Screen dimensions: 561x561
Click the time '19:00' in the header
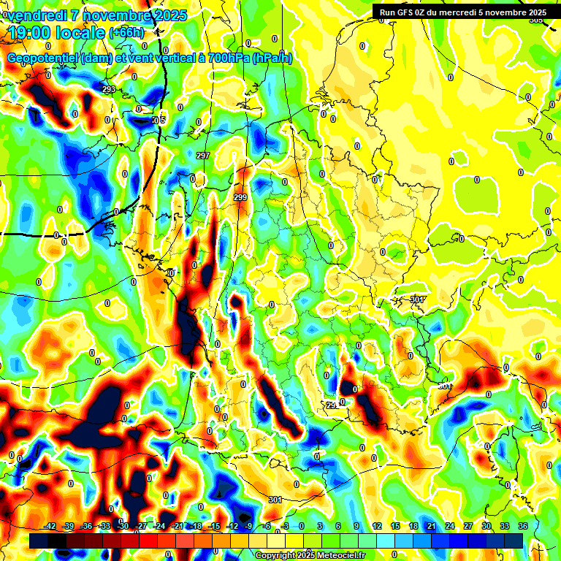pyautogui.click(x=29, y=33)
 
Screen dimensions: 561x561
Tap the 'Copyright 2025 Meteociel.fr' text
pyautogui.click(x=310, y=555)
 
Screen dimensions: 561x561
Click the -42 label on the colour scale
pyautogui.click(x=50, y=526)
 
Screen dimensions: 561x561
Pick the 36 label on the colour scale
pyautogui.click(x=522, y=526)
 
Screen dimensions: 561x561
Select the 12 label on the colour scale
pyautogui.click(x=377, y=526)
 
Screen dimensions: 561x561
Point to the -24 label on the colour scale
pyautogui.click(x=159, y=526)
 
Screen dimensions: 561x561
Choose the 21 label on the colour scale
pyautogui.click(x=432, y=526)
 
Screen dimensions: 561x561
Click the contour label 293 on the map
pyautogui.click(x=109, y=90)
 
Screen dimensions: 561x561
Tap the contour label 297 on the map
pyautogui.click(x=203, y=156)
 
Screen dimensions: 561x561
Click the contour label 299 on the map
pyautogui.click(x=240, y=197)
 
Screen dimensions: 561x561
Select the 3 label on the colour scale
pyautogui.click(x=320, y=526)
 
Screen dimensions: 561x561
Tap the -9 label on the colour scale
pyautogui.click(x=248, y=526)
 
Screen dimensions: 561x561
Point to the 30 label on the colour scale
pyautogui.click(x=486, y=526)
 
